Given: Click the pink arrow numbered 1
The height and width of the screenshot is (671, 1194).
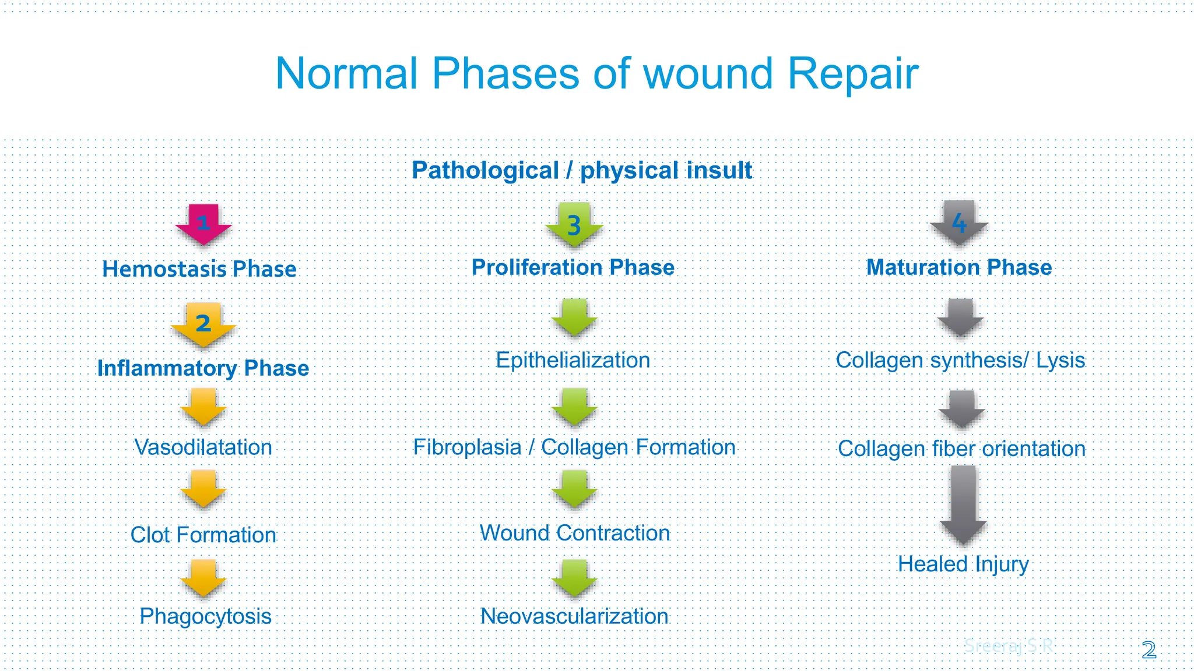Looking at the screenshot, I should [x=203, y=224].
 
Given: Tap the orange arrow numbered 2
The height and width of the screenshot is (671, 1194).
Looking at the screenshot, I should [x=203, y=324].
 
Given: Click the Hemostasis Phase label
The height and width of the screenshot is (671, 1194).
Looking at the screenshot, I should [x=199, y=269].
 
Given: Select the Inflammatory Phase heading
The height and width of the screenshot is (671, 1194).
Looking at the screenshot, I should [x=203, y=368].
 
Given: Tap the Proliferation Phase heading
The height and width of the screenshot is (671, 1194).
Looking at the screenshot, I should [x=573, y=267].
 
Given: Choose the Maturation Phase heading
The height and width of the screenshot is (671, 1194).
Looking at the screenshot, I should [x=959, y=267].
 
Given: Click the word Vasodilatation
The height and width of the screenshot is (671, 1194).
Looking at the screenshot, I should [x=203, y=447].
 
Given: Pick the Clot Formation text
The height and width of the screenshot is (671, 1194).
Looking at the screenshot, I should [x=203, y=535].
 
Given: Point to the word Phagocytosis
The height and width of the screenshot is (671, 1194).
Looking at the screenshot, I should [x=205, y=616].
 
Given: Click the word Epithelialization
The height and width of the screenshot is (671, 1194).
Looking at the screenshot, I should [x=573, y=360].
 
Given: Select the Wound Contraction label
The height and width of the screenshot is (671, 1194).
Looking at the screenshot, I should [x=574, y=533].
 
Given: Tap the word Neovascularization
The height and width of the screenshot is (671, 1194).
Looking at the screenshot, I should [x=574, y=616].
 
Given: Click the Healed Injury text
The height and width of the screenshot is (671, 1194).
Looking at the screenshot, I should [x=963, y=564].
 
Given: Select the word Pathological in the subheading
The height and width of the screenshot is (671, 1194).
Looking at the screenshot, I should [x=485, y=171].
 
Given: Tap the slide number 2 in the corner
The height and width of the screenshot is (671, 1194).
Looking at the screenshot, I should [x=1149, y=650].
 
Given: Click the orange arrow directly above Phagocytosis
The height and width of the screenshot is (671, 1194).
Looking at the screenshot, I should [x=203, y=577].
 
